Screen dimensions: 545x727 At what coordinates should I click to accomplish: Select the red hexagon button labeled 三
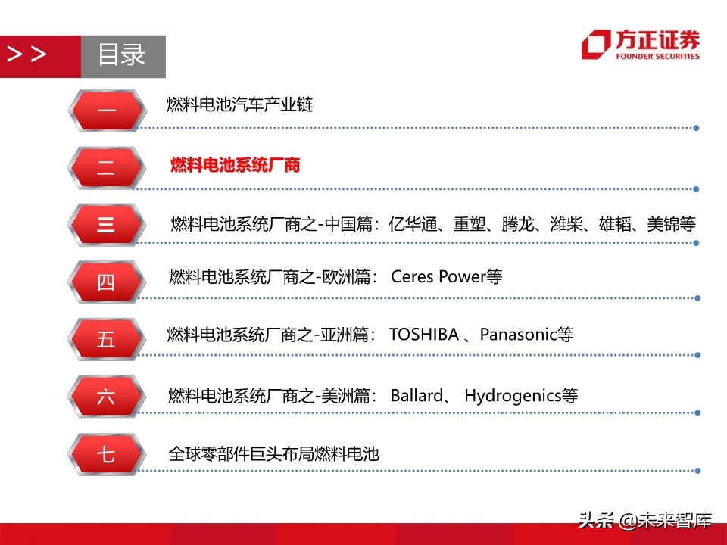click(x=106, y=225)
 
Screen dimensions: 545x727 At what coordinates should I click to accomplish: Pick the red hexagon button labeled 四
click(x=106, y=282)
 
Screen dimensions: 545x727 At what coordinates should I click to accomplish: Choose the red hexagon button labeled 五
click(x=106, y=339)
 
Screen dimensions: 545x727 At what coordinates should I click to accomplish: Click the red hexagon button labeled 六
click(x=106, y=397)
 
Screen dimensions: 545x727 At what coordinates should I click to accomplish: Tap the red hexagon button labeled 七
click(x=106, y=454)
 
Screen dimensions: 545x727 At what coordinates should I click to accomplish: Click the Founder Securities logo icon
click(x=595, y=44)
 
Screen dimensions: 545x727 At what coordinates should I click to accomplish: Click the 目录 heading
click(x=122, y=55)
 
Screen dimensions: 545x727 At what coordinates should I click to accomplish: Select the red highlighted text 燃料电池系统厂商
click(x=236, y=164)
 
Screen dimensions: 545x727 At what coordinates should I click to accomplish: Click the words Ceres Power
click(x=437, y=277)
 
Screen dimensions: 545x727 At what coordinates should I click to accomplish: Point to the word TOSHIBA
click(x=423, y=334)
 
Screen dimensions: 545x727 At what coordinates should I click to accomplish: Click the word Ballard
click(x=416, y=395)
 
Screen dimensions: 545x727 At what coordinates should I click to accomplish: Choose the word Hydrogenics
click(x=512, y=395)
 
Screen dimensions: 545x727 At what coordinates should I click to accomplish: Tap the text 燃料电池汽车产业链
click(x=240, y=104)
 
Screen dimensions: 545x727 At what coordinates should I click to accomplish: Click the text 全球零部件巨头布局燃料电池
click(x=273, y=454)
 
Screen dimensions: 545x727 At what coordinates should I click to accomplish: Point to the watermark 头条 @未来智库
click(x=645, y=520)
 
